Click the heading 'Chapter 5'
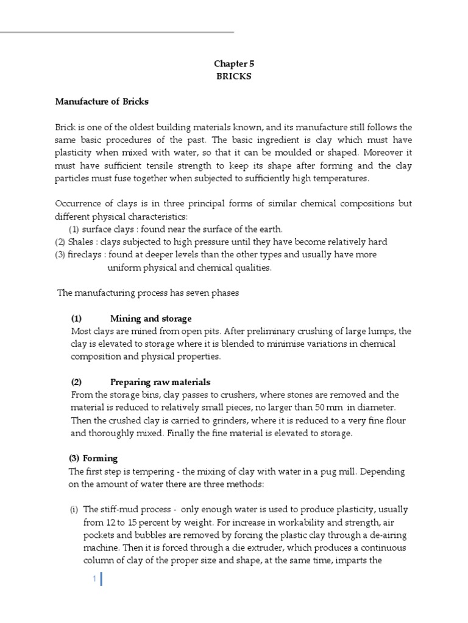point(233,63)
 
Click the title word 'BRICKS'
point(233,77)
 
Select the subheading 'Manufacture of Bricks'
point(102,101)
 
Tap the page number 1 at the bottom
point(95,580)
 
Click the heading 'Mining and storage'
point(151,318)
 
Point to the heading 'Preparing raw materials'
point(160,382)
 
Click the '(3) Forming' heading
point(93,458)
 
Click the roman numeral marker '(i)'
point(73,509)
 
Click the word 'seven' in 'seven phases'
point(196,293)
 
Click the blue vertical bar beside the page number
point(101,580)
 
